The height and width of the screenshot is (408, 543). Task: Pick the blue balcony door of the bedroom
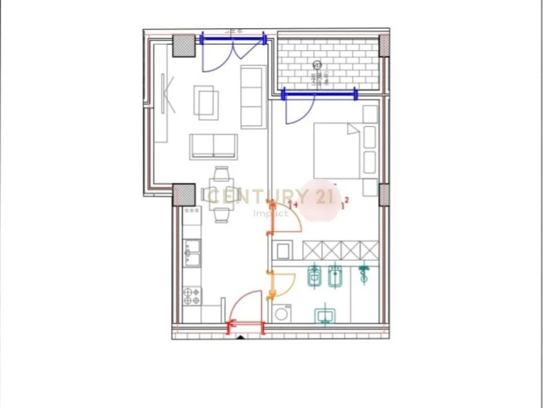301,109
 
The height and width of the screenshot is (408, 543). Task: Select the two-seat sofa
214,146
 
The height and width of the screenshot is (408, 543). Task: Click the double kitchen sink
192,252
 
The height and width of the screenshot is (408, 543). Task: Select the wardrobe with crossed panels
340,250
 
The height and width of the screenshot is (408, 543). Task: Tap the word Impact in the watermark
271,213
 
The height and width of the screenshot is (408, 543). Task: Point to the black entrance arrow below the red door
241,337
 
